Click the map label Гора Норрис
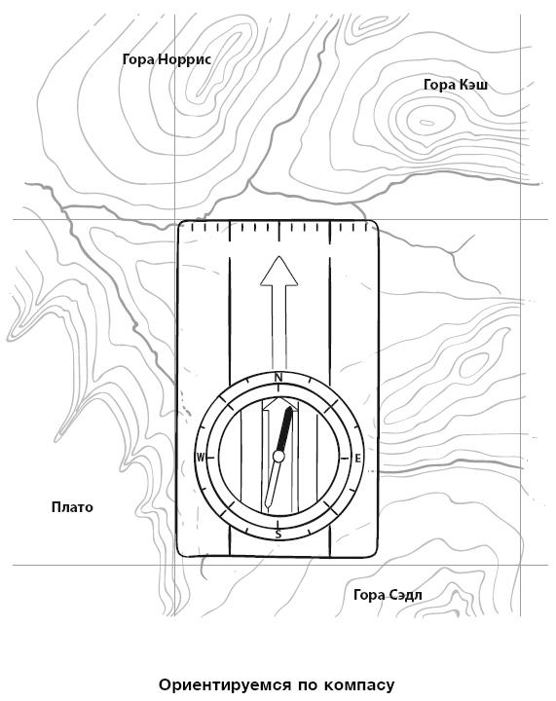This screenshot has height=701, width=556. click(x=167, y=59)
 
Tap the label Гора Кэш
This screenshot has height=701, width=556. click(x=456, y=85)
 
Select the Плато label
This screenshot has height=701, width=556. click(x=72, y=507)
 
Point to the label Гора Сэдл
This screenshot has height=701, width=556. click(x=388, y=595)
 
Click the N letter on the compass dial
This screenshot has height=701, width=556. click(x=278, y=378)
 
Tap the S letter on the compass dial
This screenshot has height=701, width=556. click(x=278, y=535)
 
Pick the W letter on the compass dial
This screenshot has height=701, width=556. click(x=201, y=458)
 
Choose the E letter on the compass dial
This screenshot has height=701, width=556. click(x=357, y=459)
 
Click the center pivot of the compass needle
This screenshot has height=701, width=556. click(x=278, y=457)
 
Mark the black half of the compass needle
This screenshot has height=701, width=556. click(x=285, y=429)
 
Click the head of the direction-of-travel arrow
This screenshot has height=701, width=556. click(x=278, y=271)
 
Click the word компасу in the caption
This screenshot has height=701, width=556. click(x=359, y=684)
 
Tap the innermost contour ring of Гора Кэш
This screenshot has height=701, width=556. click(x=426, y=122)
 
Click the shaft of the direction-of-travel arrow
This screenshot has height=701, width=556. click(x=278, y=329)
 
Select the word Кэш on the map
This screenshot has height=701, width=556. click(x=473, y=85)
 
